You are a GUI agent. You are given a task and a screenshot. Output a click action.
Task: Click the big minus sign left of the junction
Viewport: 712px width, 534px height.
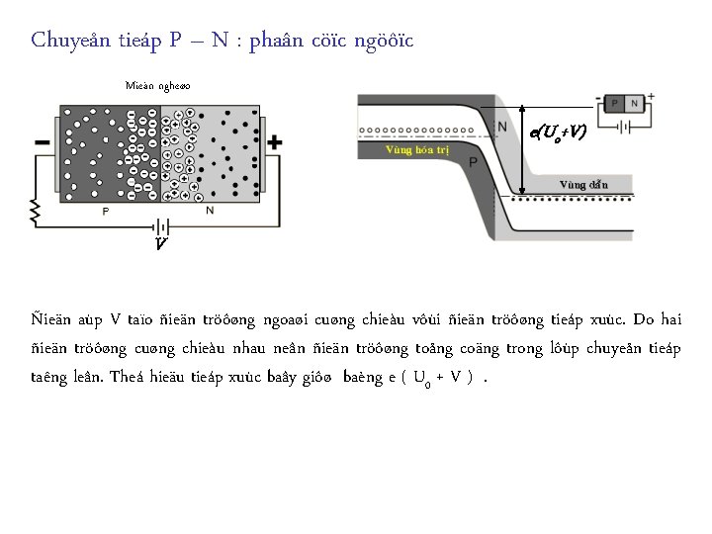[43, 143]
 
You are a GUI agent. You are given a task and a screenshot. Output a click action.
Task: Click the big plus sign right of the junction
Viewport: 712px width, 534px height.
[274, 142]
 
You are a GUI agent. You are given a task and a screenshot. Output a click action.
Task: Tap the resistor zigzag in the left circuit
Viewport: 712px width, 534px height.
[35, 212]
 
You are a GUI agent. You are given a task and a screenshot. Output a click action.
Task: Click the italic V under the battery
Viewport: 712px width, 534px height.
[160, 242]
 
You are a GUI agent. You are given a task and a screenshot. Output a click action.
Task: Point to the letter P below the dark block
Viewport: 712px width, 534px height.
[106, 211]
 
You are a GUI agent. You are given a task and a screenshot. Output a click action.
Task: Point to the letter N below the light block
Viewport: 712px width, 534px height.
[209, 211]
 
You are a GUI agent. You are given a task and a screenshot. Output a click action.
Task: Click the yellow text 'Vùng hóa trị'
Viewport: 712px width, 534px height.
[417, 150]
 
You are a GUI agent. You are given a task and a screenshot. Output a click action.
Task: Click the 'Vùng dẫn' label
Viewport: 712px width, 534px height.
[583, 184]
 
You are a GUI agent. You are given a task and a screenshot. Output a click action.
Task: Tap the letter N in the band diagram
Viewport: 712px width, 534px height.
[502, 128]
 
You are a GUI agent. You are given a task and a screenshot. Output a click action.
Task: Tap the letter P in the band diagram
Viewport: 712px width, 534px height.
[474, 161]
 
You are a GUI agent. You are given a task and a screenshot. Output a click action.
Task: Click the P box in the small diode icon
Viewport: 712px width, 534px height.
[617, 103]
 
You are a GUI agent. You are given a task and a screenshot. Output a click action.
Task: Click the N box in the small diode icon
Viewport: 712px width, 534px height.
[635, 103]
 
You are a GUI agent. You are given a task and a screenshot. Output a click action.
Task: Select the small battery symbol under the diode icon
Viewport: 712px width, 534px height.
[625, 126]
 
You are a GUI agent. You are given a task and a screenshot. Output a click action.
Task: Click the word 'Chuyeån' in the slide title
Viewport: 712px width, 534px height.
[65, 41]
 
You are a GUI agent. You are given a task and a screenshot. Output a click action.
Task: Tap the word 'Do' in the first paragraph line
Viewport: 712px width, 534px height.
[644, 319]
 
